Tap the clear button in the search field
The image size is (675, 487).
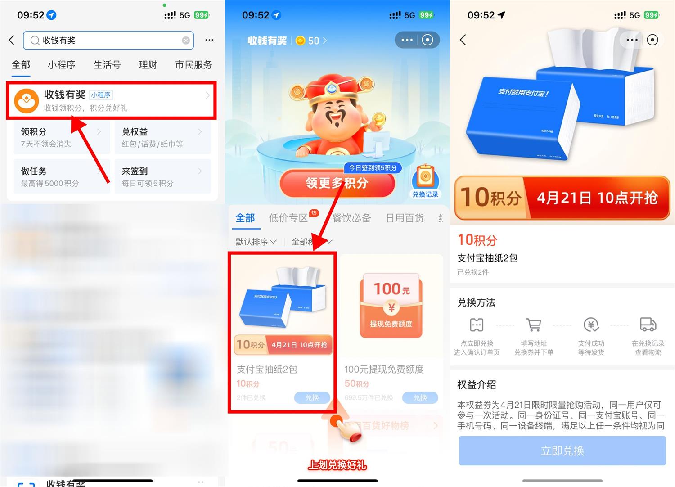coord(186,41)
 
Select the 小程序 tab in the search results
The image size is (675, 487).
coord(62,65)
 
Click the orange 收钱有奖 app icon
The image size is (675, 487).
coord(27,100)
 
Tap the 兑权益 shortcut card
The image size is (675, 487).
coord(162,138)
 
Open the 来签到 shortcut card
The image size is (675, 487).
coord(162,177)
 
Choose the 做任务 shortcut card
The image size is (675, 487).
coord(61,177)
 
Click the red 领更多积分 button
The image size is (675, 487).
coord(337,183)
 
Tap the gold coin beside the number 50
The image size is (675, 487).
coord(300,41)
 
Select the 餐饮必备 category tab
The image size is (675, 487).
coord(351,218)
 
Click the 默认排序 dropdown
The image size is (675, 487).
coord(256,242)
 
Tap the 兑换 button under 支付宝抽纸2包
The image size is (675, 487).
coord(312,397)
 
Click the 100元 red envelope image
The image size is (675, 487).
coord(391,306)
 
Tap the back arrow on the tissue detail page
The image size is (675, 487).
coord(463,40)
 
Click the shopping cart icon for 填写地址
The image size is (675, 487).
coord(534,325)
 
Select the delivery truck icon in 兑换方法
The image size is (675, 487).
coord(648,324)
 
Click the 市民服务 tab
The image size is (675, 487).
coord(193,65)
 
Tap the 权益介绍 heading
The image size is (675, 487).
coord(477,385)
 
